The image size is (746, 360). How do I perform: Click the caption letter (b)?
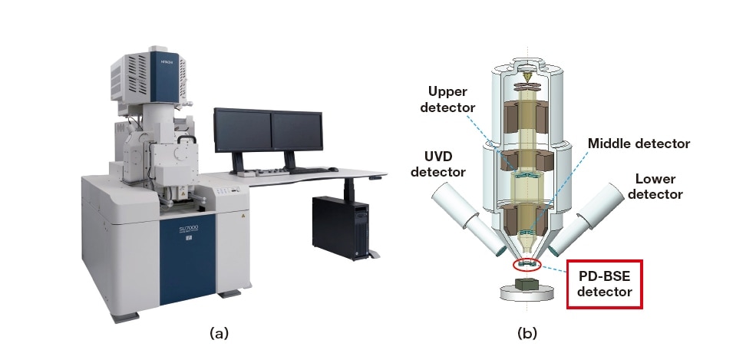[x=526, y=333]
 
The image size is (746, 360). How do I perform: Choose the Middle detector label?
[x=639, y=144]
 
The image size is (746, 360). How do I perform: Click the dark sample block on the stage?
[x=529, y=285]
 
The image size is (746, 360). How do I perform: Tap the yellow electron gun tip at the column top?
[x=529, y=78]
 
